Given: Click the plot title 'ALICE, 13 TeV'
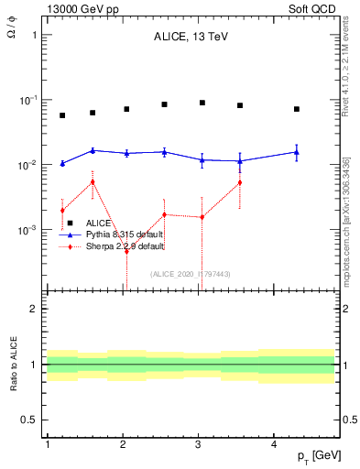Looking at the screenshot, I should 190,38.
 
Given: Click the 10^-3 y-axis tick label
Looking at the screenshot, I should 28,230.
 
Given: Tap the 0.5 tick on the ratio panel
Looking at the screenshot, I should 29,420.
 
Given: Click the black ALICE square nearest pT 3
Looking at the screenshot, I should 202,103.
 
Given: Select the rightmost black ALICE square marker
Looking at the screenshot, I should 297,109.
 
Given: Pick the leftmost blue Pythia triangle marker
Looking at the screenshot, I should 62,163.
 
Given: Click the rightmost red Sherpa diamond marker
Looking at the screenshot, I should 240,182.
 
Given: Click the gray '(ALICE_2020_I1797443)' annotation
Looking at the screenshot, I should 190,274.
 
